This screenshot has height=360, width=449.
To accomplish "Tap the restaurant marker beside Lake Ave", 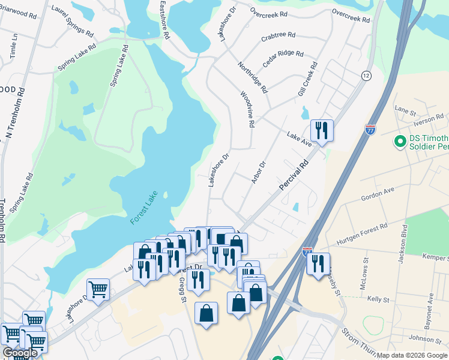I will pyautogui.click(x=322, y=130).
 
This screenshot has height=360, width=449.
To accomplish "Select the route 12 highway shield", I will pyautogui.click(x=366, y=76).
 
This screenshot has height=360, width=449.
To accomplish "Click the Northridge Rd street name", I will pyautogui.click(x=252, y=77).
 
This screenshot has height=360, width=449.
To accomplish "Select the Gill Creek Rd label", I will pyautogui.click(x=307, y=79).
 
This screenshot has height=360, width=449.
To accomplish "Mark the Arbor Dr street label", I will pyautogui.click(x=259, y=173).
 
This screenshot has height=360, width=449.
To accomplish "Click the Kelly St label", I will pyautogui.click(x=378, y=299).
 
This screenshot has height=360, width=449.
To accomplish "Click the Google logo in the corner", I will pyautogui.click(x=20, y=353).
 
